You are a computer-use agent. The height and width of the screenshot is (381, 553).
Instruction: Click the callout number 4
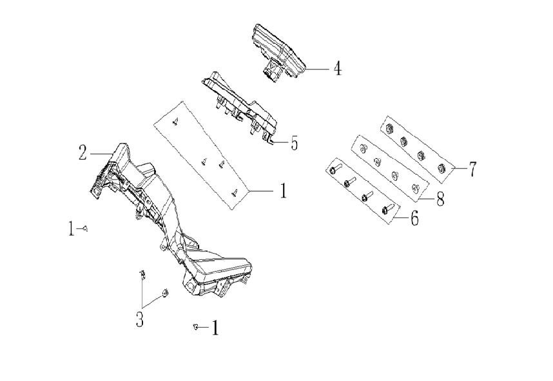pos(336,69)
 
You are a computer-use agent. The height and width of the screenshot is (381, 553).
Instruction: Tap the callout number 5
pos(294,142)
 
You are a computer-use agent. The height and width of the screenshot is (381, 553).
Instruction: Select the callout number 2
pos(82,153)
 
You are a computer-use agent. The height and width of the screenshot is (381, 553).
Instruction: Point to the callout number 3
pos(139,319)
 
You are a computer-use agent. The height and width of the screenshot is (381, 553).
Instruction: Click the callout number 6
pos(414,219)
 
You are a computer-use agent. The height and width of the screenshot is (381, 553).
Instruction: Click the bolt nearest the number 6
pos(389,208)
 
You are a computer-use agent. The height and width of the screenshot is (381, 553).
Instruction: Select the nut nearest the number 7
pos(441,169)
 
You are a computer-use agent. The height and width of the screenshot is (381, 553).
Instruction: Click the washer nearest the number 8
pos(414,187)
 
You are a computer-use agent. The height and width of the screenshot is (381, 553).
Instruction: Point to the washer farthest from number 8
pos(363,147)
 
